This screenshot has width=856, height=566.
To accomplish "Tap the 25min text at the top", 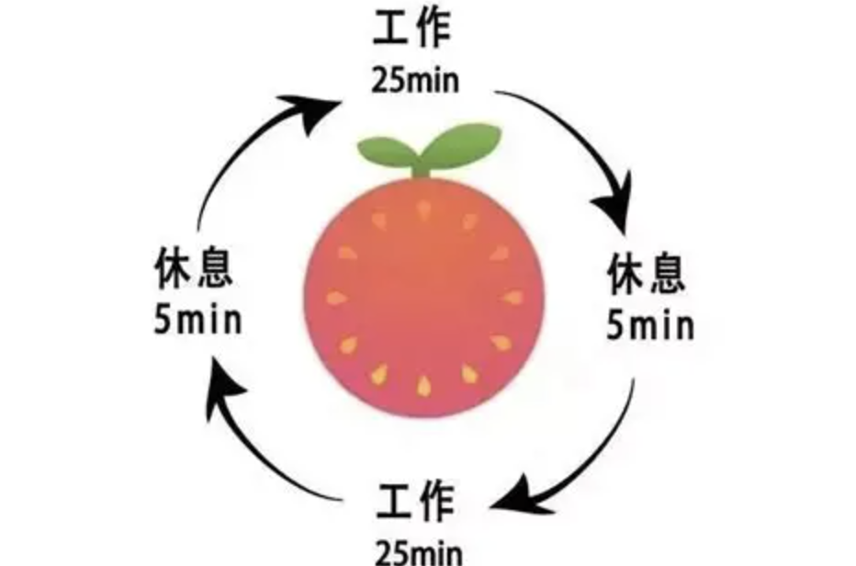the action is pos(415,81).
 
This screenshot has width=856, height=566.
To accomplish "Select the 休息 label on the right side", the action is pos(646,273).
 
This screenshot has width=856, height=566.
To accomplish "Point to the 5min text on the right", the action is pos(650,325).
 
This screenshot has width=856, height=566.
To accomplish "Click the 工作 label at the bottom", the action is pos(415,501).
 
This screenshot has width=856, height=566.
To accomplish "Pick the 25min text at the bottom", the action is pos(419,553).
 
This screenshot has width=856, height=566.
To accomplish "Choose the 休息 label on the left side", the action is pos(194,267).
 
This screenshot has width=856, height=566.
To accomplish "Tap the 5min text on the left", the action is pos(197,320).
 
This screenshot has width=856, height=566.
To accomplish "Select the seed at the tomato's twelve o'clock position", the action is pos(423,210).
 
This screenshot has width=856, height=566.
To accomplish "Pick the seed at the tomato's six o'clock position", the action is pos(423,386).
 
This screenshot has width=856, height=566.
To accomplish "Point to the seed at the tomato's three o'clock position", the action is pos(512,298).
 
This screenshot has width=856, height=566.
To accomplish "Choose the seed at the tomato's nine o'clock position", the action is pos(336,298).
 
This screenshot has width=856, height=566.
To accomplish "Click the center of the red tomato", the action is pos(424,298).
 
